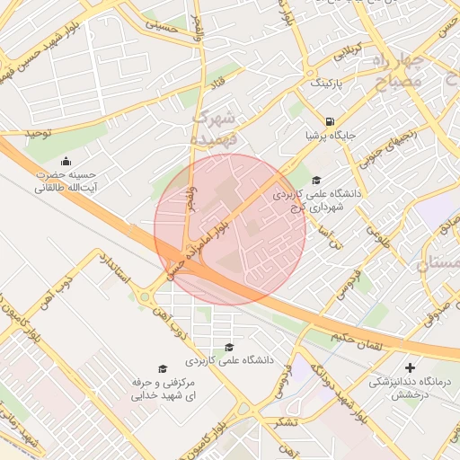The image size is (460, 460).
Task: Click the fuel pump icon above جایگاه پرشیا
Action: [331, 121]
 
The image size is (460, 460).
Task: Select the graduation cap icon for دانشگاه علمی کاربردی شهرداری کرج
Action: [315, 180]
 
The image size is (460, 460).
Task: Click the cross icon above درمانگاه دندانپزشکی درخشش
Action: [411, 367]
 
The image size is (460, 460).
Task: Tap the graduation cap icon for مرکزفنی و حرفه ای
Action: [163, 368]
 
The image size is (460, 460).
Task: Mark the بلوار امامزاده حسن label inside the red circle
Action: [209, 239]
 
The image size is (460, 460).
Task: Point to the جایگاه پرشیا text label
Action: [331, 136]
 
